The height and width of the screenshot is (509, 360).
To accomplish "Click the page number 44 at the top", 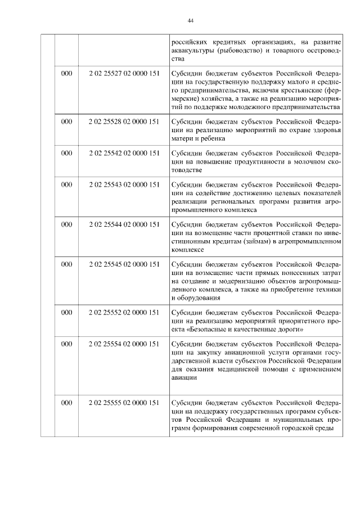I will pyautogui.click(x=191, y=21).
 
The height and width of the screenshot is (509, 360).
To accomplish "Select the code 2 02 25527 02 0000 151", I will pyautogui.click(x=124, y=74).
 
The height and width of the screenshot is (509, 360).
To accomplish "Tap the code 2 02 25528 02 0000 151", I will pyautogui.click(x=124, y=121).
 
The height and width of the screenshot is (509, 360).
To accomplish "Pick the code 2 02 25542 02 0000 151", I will pyautogui.click(x=124, y=152).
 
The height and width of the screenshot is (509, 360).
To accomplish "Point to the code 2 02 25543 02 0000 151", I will pyautogui.click(x=124, y=184).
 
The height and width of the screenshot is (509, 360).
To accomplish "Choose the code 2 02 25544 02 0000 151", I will pyautogui.click(x=124, y=224).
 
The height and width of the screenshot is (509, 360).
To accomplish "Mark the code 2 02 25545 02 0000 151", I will pyautogui.click(x=124, y=264).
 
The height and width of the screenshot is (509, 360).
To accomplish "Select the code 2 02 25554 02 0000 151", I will pyautogui.click(x=124, y=343).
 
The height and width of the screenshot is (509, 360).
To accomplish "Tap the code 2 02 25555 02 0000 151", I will pyautogui.click(x=124, y=403).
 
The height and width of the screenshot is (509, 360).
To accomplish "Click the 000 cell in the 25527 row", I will pyautogui.click(x=66, y=74).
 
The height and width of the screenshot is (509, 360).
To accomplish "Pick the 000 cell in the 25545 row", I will pyautogui.click(x=66, y=264).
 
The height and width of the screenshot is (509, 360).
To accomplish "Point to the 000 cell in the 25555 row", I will pyautogui.click(x=66, y=403).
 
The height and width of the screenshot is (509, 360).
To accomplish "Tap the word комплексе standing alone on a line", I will pyautogui.click(x=188, y=250).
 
